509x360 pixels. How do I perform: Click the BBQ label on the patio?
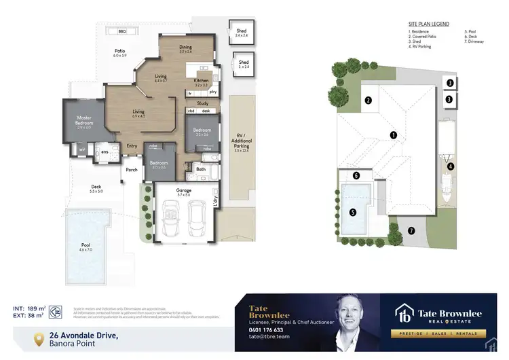click(122, 31)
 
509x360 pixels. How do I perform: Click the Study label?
click(202, 103)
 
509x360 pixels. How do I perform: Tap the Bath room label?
click(201, 169)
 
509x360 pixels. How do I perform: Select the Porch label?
click(132, 170)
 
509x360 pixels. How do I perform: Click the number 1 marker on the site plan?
click(392, 135)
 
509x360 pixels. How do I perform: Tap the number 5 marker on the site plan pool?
click(352, 211)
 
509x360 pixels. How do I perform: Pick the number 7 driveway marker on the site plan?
click(411, 230)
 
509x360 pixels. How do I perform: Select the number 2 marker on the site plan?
click(368, 101)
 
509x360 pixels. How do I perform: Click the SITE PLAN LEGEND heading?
click(428, 22)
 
